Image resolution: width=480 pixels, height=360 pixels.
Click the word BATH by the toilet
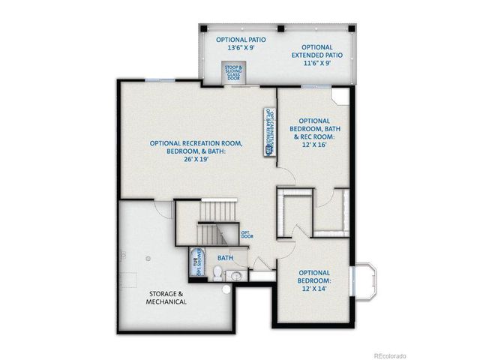click(225, 257)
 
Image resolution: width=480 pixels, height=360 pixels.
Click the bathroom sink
click(236, 276)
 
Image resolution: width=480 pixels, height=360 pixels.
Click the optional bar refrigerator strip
click(268, 132)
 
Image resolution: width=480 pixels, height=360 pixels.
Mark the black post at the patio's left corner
click(202, 28)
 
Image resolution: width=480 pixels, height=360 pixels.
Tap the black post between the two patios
click(280, 28)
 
